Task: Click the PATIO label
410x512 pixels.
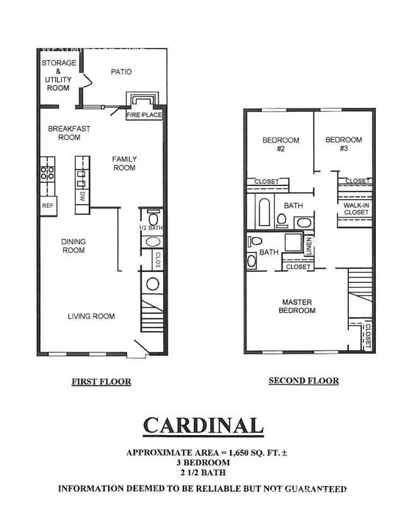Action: tap(121, 72)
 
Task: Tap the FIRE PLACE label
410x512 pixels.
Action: tap(144, 115)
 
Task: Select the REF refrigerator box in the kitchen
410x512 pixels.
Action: tap(48, 206)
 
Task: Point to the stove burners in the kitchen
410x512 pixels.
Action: tap(47, 173)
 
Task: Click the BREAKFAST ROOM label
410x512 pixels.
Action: tap(69, 133)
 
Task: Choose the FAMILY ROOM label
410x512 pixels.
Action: tap(124, 163)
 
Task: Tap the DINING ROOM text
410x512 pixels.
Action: tap(73, 246)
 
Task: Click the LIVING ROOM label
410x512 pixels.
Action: tap(91, 316)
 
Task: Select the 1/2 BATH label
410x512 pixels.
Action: tap(151, 228)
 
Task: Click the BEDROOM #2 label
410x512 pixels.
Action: tap(281, 144)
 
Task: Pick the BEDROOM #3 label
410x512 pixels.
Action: tap(344, 144)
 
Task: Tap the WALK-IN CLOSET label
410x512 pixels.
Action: tap(356, 209)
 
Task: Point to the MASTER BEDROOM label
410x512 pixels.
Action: tap(298, 306)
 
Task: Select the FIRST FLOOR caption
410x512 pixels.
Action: tap(101, 381)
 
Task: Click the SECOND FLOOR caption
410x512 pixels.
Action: tap(303, 381)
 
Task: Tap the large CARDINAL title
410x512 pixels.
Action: tap(202, 426)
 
